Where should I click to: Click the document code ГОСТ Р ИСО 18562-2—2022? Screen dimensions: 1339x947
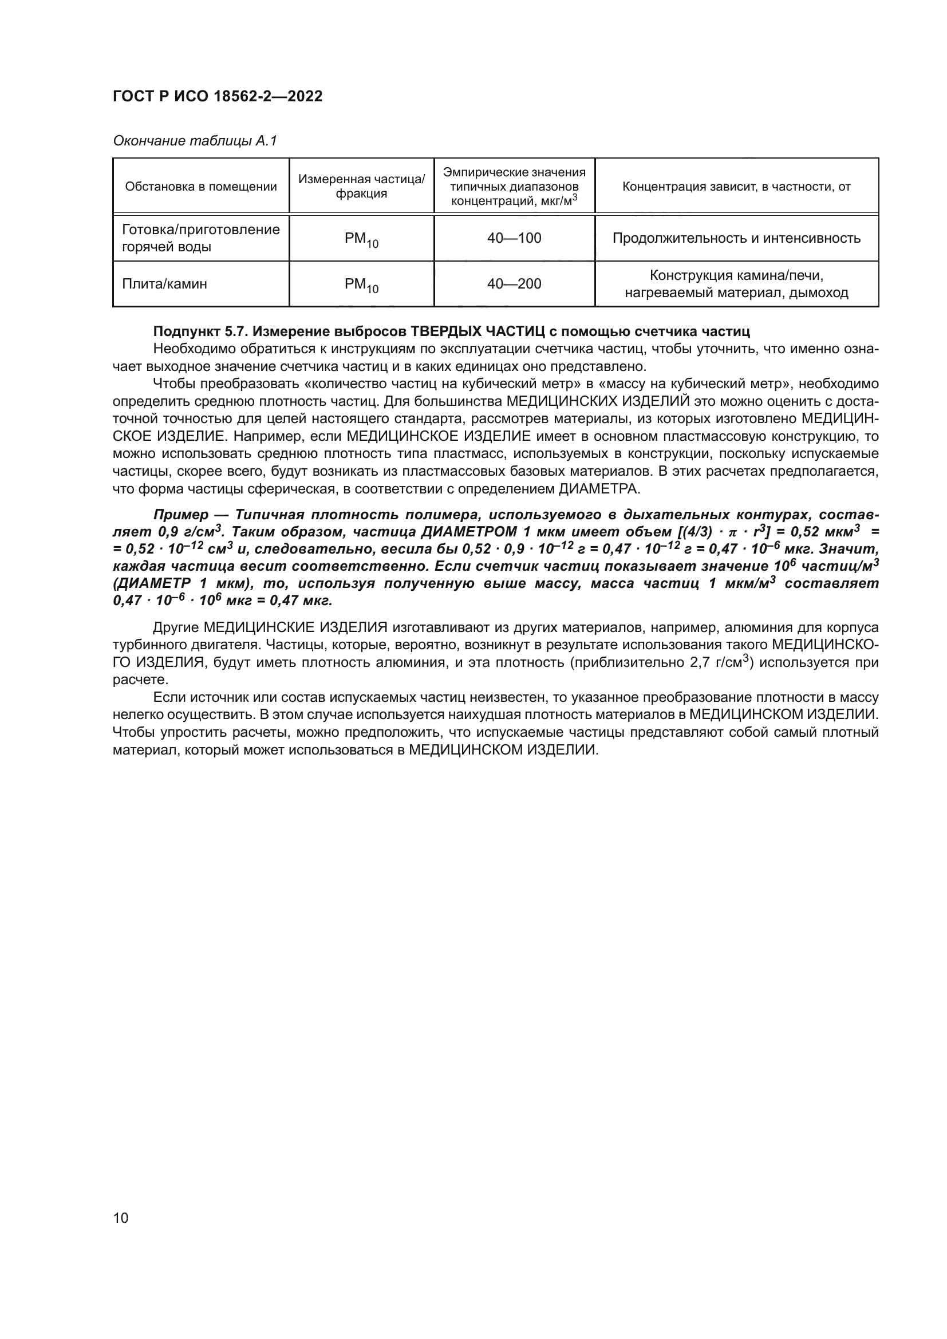tap(217, 97)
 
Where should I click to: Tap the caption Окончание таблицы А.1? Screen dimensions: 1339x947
tap(195, 141)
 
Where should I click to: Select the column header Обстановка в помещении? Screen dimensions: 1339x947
tap(201, 187)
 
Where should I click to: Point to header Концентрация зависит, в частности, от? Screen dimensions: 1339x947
tap(736, 187)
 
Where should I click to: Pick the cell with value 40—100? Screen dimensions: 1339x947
tap(514, 239)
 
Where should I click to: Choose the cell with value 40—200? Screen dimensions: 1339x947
tap(514, 284)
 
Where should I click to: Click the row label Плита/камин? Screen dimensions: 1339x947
tap(164, 284)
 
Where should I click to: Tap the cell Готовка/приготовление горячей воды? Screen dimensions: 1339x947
tap(200, 238)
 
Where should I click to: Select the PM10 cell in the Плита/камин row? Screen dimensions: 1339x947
tap(361, 285)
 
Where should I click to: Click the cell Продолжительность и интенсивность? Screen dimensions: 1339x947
tap(736, 239)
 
